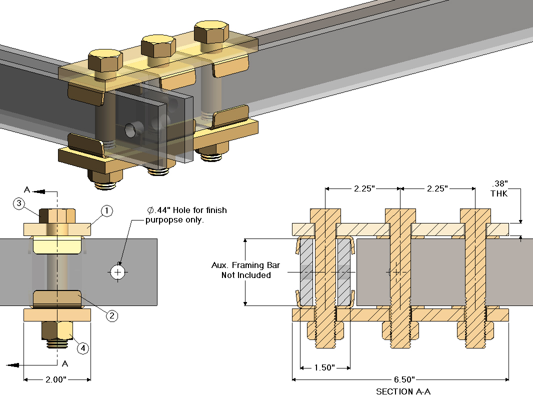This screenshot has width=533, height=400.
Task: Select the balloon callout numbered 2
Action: pos(112,315)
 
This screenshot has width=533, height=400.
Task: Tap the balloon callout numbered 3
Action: pos(18,203)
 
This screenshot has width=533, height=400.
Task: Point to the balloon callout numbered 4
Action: pos(83,348)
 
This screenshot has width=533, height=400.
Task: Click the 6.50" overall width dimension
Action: pos(400,379)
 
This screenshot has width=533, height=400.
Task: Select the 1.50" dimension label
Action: pos(324,368)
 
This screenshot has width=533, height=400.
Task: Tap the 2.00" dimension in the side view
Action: pos(56,379)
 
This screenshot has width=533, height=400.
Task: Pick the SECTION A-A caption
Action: pos(403,392)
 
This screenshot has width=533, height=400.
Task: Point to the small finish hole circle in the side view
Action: pos(117,271)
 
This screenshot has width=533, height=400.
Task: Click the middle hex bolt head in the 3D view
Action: pos(157,45)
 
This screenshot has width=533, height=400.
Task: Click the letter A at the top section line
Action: pos(28,189)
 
